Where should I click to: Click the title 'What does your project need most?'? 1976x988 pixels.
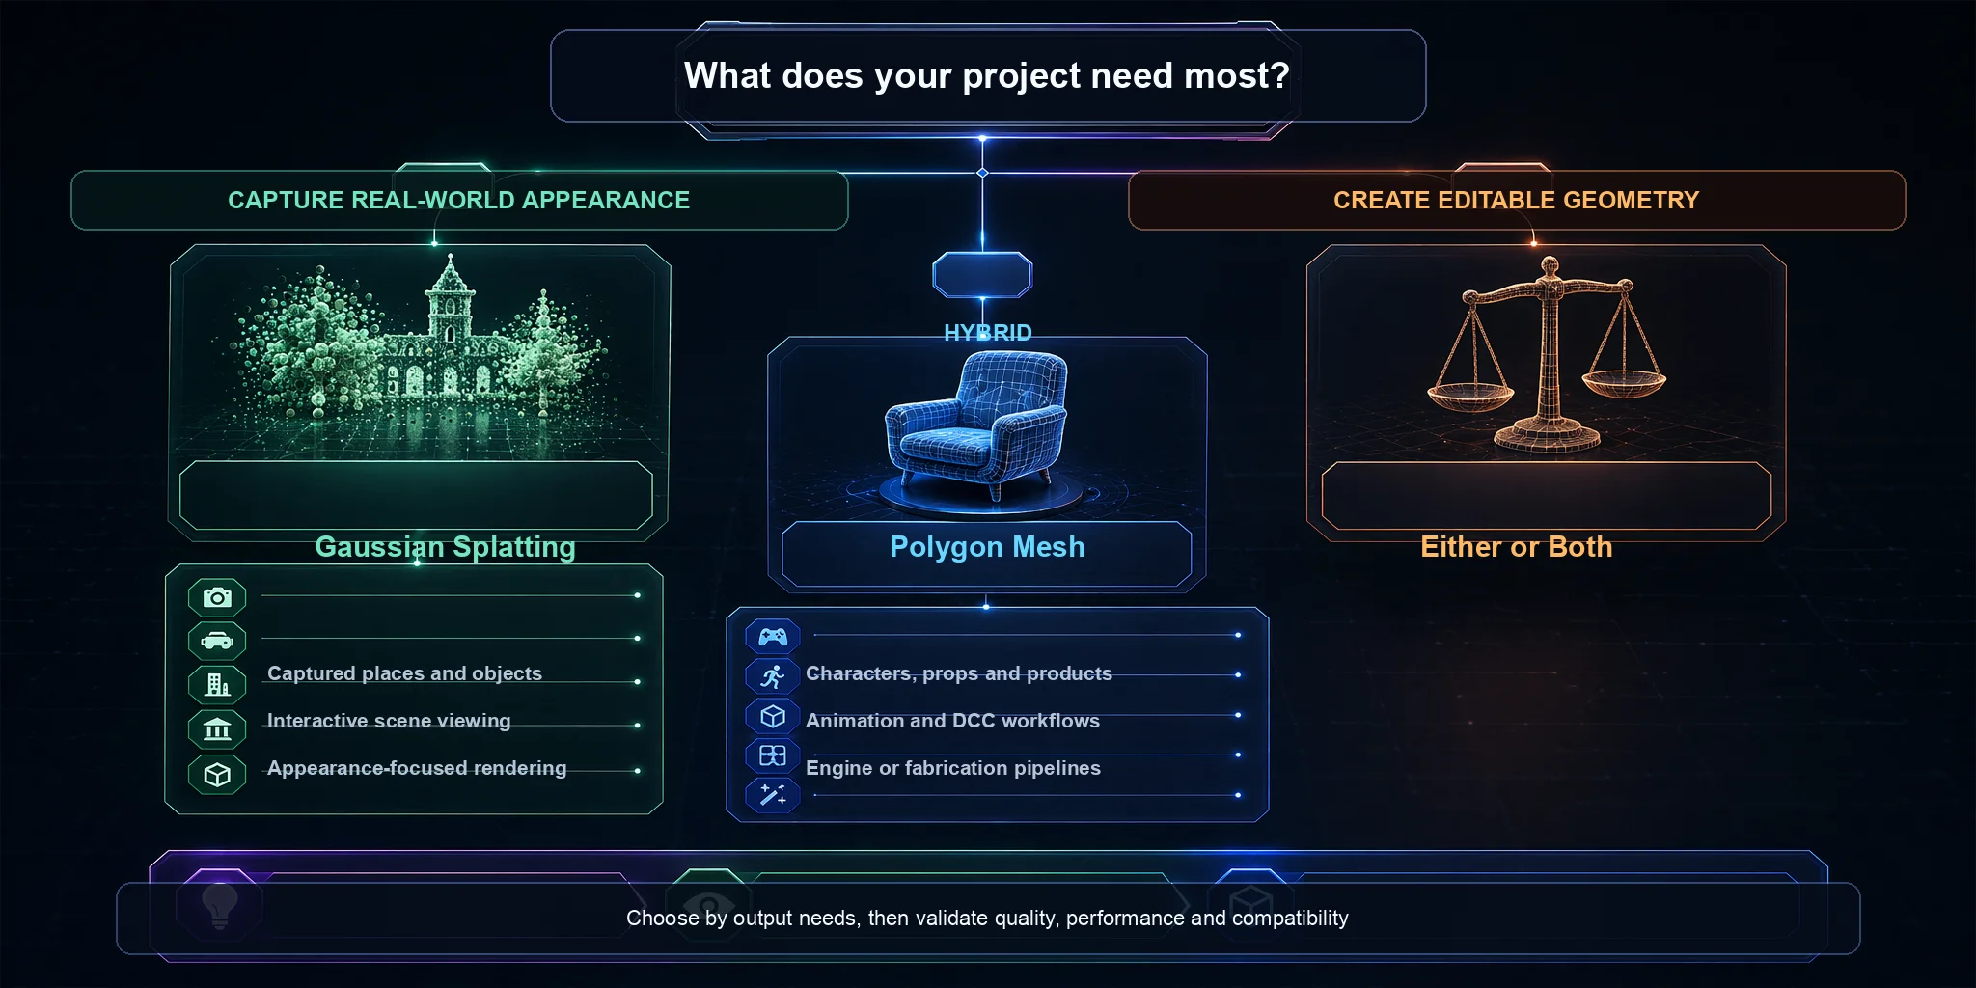986,75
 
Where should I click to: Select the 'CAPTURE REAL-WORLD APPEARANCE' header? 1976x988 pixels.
459,200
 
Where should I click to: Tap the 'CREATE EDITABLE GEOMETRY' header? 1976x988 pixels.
1516,200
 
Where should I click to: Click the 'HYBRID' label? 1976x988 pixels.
987,333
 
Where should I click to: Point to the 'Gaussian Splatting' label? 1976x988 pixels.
445,547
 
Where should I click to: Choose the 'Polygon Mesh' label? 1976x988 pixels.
987,547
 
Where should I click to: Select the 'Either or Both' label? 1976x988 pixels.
1516,547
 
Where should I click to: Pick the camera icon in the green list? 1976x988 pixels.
217,598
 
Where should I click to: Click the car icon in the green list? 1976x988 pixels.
217,641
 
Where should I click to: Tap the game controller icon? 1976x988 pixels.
773,637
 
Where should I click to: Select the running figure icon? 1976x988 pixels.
772,676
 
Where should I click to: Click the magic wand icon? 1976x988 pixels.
773,795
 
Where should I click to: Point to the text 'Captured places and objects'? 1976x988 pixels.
404,673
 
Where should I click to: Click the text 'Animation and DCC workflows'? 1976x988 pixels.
952,721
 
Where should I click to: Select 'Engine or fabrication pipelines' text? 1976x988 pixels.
953,768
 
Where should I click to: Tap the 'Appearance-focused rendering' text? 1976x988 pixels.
417,768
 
